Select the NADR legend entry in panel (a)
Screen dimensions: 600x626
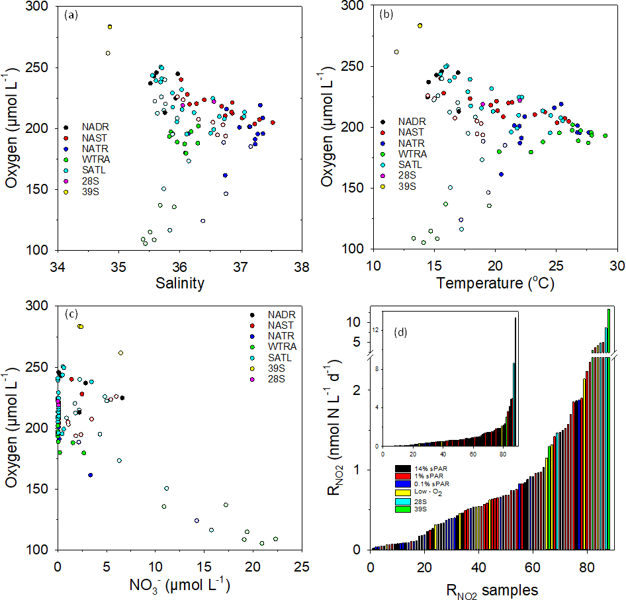pyautogui.click(x=95, y=127)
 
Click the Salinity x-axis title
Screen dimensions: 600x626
pyautogui.click(x=179, y=283)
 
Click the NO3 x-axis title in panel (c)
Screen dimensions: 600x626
pyautogui.click(x=179, y=585)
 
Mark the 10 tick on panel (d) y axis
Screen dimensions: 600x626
pyautogui.click(x=351, y=322)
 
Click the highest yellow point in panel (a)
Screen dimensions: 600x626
pyautogui.click(x=110, y=27)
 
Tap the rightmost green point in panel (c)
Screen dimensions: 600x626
pyautogui.click(x=275, y=538)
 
